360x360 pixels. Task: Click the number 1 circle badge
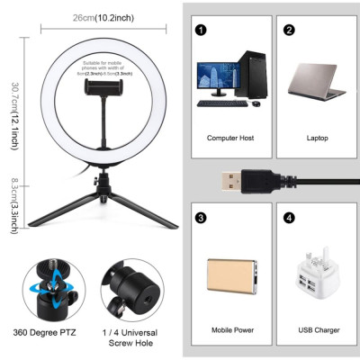click(x=200, y=29)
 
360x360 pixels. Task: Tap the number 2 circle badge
click(x=289, y=29)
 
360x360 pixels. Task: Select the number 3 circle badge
click(x=200, y=217)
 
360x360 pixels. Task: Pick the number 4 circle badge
click(x=289, y=217)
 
